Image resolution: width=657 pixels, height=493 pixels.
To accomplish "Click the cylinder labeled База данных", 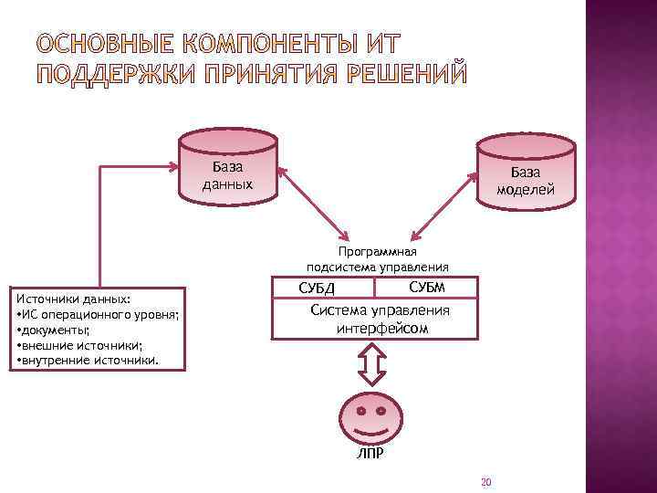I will pos(227,169).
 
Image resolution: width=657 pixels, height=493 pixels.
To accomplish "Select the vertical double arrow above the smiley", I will pos(370,366).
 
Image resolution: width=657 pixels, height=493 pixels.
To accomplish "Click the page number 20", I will pos(485,482).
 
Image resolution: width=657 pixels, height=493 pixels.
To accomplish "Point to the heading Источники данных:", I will pos(74,299).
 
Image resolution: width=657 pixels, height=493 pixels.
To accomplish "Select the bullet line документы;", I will pos(55,330).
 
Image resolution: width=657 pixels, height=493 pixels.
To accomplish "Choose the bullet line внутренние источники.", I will pos(88,361).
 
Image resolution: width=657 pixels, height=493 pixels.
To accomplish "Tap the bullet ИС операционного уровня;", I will pos(97,314).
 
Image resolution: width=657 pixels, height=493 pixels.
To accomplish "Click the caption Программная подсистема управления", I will pos(378,259).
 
